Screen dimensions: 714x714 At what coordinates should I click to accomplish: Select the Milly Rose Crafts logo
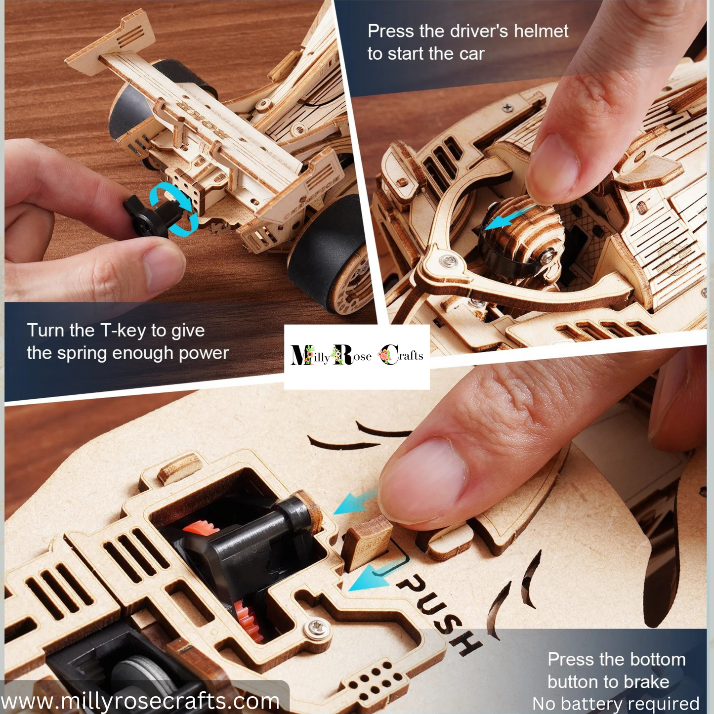357,356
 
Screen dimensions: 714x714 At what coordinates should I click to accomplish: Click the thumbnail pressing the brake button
422,482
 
